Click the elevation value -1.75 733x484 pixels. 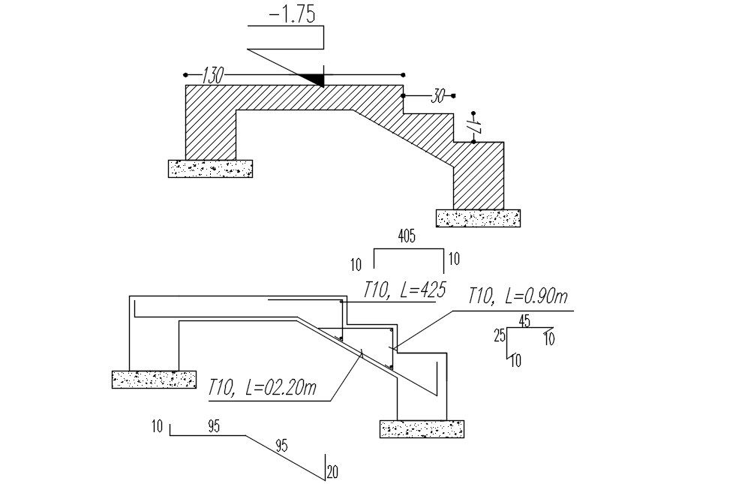tap(292, 14)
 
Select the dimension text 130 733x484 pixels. tap(213, 75)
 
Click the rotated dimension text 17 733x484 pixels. tap(474, 127)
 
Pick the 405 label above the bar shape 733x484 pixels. tap(407, 236)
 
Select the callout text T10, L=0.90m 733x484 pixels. tap(518, 296)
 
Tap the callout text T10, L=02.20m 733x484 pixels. tap(263, 388)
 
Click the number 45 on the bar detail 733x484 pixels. tap(524, 321)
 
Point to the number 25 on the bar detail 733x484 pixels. tap(500, 335)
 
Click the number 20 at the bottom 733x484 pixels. tap(332, 473)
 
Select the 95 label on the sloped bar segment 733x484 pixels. tap(281, 445)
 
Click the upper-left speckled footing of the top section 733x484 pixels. tap(210, 169)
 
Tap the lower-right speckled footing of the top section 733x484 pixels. tap(478, 218)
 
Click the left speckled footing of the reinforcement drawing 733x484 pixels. tap(154, 379)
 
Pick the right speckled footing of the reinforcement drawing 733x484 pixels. tap(422, 428)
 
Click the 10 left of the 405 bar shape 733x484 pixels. tap(356, 265)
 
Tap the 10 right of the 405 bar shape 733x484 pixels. tap(454, 259)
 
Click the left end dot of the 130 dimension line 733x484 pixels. tap(185, 75)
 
